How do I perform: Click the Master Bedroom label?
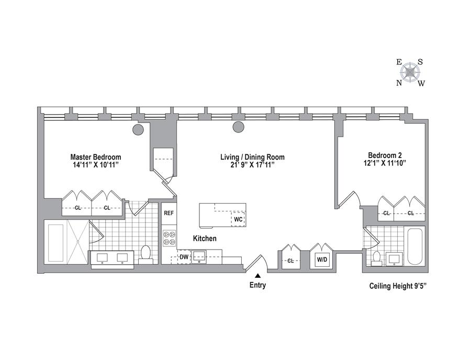pyautogui.click(x=96, y=157)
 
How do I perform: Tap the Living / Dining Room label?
pyautogui.click(x=252, y=157)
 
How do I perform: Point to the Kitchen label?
pyautogui.click(x=205, y=239)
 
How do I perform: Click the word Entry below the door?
pyautogui.click(x=257, y=285)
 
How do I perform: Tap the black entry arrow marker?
pyautogui.click(x=257, y=275)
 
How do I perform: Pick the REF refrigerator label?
pyautogui.click(x=169, y=213)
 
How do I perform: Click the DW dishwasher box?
pyautogui.click(x=184, y=257)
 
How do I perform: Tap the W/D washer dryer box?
pyautogui.click(x=320, y=260)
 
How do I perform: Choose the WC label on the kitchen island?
pyautogui.click(x=238, y=219)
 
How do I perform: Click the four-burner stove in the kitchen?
pyautogui.click(x=169, y=238)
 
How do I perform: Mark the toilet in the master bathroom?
pyautogui.click(x=145, y=253)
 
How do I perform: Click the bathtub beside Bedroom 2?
pyautogui.click(x=416, y=246)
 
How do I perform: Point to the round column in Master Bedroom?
pyautogui.click(x=138, y=129)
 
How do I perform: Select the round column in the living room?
pyautogui.click(x=239, y=126)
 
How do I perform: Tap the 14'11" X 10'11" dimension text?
pyautogui.click(x=96, y=165)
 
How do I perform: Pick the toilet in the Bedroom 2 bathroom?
pyautogui.click(x=377, y=257)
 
